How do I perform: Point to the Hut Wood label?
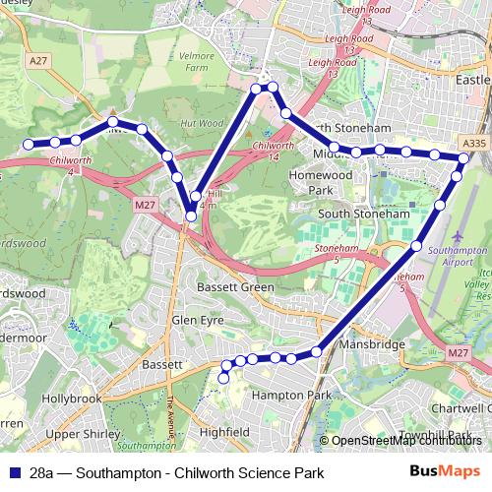click(203, 124)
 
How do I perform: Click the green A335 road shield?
click(473, 144)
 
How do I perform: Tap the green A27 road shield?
click(38, 61)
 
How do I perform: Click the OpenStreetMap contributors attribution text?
click(406, 441)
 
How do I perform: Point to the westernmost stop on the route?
click(29, 145)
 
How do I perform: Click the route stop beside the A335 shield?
click(463, 157)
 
